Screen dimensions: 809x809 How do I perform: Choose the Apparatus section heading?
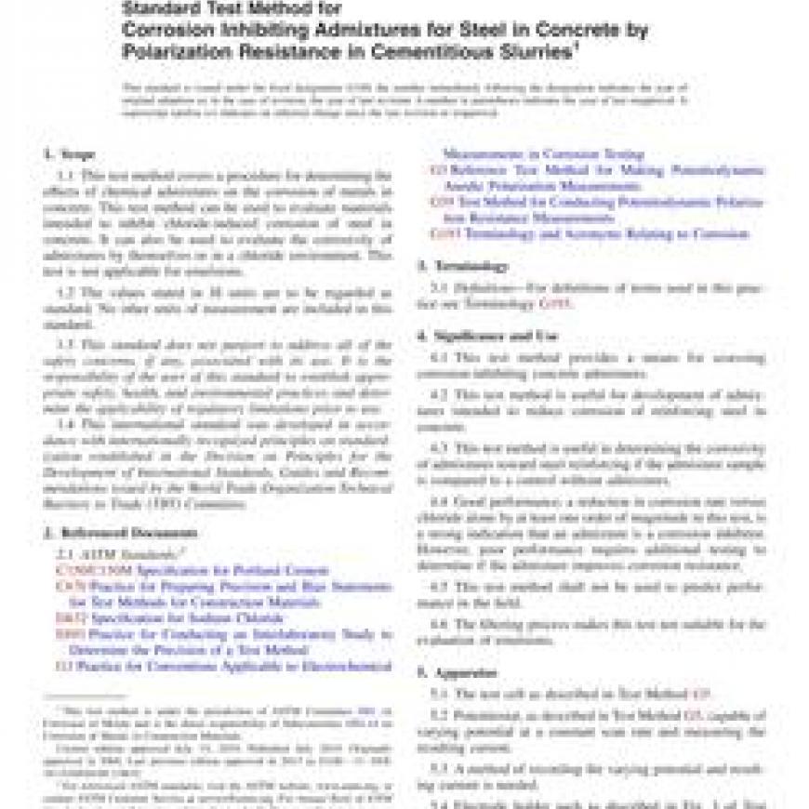[457, 671]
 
